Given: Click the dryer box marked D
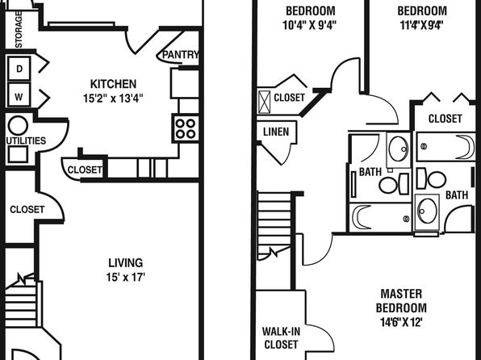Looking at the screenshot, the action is point(19,69).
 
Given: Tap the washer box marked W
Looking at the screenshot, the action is point(19,94).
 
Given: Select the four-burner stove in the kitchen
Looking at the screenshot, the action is point(186,128).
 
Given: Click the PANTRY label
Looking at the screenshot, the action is point(181,55).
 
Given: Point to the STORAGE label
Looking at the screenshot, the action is point(19,30).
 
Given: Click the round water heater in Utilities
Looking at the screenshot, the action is point(18,126).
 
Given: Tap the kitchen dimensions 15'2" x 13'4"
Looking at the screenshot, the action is point(113,98).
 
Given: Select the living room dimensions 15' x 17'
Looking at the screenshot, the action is point(125,277).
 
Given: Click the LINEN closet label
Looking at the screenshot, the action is point(276,132).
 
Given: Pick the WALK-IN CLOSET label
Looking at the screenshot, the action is point(281,338).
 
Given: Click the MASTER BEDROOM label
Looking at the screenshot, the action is point(401,301).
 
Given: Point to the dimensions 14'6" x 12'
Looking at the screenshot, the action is point(401,322).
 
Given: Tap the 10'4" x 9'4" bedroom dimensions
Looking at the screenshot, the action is point(310,25).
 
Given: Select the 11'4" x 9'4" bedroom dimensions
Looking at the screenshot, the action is point(422,25).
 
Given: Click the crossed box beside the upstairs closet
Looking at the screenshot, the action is point(264,102).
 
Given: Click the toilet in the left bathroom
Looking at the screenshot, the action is point(394,184).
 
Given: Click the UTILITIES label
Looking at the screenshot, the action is point(26,141).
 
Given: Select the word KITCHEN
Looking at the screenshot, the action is point(113,84).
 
